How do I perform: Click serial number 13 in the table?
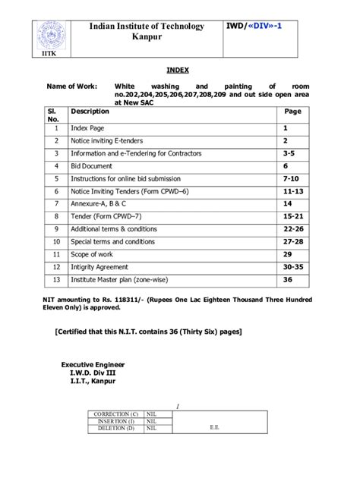(x=56, y=280)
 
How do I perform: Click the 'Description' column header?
(x=90, y=111)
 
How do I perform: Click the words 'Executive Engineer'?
(x=93, y=365)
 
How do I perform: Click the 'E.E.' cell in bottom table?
(x=214, y=426)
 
